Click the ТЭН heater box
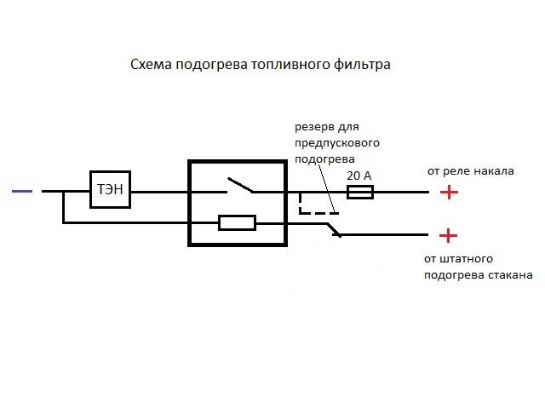point(111,190)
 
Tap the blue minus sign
point(23,192)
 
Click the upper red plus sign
point(449,192)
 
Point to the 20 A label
point(359,175)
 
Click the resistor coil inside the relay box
point(238,223)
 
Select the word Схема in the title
point(150,65)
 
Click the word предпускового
point(337,142)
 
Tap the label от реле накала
point(470,170)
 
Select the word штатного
point(465,258)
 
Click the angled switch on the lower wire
point(333,229)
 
